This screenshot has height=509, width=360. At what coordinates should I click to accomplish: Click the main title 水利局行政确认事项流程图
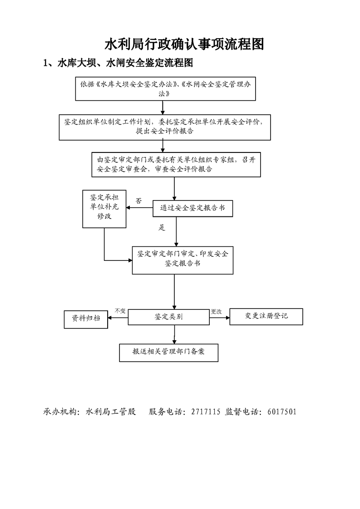tap(184, 44)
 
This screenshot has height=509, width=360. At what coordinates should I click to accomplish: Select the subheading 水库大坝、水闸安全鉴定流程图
tap(118, 63)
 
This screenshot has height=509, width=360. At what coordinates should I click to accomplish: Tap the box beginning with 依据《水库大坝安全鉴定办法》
tap(165, 88)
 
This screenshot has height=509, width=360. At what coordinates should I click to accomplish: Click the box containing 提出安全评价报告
tap(165, 127)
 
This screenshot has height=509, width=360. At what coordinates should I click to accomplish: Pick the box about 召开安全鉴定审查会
tap(176, 165)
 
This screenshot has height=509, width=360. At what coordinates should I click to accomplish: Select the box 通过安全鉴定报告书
tap(193, 208)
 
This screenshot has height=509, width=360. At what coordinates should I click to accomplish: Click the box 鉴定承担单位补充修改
tap(104, 209)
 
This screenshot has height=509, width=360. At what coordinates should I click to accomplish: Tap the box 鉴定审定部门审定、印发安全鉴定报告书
tap(182, 260)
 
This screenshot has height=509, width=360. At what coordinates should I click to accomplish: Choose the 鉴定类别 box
tap(168, 317)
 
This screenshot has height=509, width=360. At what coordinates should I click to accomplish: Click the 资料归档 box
tap(86, 319)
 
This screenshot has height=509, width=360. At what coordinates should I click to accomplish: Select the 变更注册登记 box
tap(266, 317)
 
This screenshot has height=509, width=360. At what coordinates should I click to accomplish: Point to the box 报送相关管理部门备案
tap(168, 352)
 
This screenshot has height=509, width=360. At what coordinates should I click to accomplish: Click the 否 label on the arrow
tap(139, 201)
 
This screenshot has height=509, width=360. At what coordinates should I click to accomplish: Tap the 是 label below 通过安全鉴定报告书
tap(162, 228)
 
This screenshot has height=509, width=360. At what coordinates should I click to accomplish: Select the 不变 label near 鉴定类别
tap(120, 311)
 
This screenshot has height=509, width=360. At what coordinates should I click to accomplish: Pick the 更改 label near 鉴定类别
tap(217, 312)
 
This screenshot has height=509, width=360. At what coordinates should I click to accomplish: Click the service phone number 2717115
tap(206, 411)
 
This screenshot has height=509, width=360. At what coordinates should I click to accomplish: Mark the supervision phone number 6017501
tap(282, 411)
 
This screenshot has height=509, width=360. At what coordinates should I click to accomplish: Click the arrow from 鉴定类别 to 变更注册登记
tap(219, 318)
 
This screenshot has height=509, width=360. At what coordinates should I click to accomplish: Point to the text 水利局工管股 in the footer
tap(111, 411)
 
